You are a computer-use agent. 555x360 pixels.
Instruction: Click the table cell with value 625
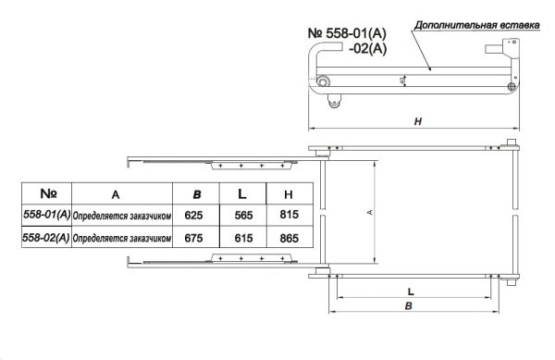coord(193,216)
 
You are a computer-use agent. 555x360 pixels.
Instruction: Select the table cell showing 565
coord(243,216)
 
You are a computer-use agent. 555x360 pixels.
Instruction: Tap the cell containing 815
coord(290,215)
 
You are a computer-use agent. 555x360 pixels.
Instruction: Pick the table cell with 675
coord(193,238)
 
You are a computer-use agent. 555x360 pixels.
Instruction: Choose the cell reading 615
coord(243,238)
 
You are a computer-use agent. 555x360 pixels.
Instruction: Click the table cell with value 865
coord(290,238)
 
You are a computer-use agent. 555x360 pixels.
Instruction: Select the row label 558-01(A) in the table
coord(47,214)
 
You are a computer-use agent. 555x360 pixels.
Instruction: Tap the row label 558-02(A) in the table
coord(46,237)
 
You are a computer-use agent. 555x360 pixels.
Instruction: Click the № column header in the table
coord(48,193)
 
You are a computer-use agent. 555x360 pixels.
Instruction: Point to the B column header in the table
coord(197,194)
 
